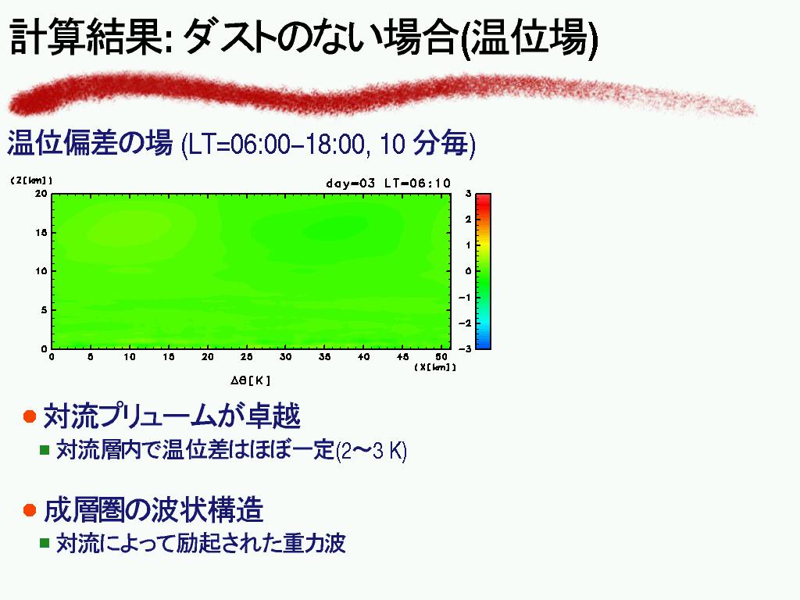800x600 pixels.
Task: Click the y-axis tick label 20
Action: pos(41,194)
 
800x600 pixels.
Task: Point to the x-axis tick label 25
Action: pos(246,356)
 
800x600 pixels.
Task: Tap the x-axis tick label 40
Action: pos(363,356)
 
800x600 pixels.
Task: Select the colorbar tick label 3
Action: pos(468,194)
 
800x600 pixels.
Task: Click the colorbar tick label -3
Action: pos(464,348)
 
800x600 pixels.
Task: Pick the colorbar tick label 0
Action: pos(468,271)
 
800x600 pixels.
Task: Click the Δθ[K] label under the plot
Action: pos(250,380)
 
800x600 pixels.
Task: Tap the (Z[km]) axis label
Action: pos(31,180)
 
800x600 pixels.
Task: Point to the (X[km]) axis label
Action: pos(434,367)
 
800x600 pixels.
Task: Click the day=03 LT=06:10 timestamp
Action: pos(388,183)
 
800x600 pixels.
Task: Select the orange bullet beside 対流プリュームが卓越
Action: pos(30,416)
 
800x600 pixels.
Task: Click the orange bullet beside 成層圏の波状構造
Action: pos(30,509)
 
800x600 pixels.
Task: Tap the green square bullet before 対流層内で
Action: pos(45,449)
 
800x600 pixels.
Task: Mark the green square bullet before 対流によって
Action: pos(45,543)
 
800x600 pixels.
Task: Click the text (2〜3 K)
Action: pos(371,451)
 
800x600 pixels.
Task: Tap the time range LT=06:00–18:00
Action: pos(277,145)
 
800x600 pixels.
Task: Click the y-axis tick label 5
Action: pos(44,309)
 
